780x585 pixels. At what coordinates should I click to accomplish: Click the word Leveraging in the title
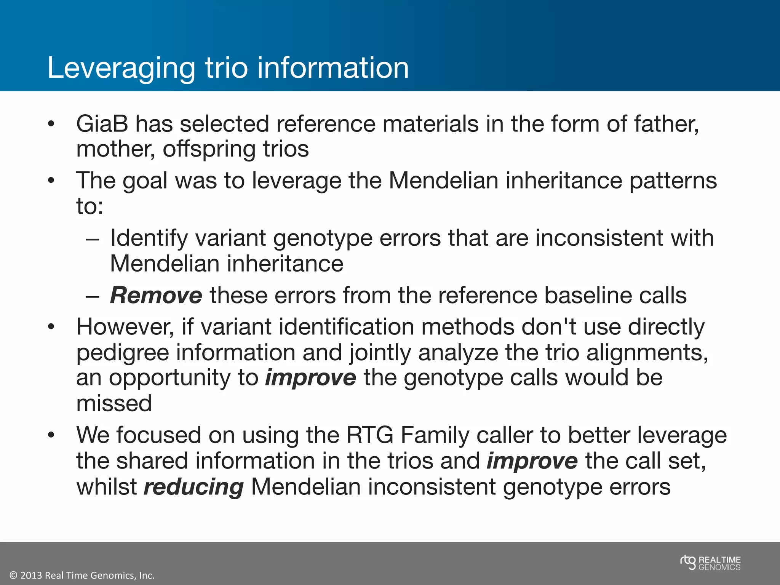[x=121, y=69]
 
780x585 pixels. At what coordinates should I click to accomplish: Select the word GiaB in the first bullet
[x=102, y=124]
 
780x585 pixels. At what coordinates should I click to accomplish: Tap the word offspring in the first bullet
[x=209, y=150]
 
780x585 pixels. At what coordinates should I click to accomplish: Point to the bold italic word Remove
[x=156, y=296]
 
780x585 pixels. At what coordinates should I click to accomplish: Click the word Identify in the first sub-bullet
[x=149, y=239]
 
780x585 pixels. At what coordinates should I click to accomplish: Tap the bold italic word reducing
[x=193, y=487]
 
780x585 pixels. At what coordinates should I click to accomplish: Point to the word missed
[x=114, y=403]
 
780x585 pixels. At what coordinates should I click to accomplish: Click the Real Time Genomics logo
[x=710, y=563]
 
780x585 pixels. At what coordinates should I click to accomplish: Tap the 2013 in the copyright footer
[x=31, y=575]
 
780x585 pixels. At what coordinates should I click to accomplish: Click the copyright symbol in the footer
[x=13, y=575]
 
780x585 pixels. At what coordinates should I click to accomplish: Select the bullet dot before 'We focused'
[x=51, y=435]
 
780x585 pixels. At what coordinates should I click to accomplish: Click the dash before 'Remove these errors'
[x=92, y=296]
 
